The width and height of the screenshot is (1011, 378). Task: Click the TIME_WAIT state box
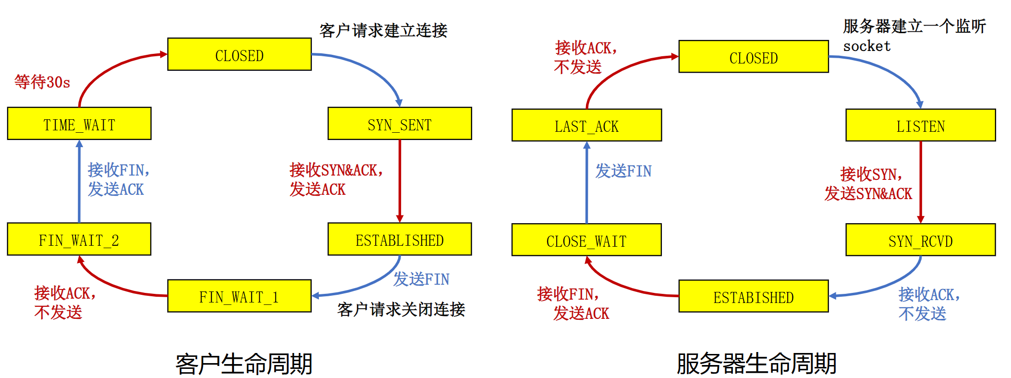point(79,124)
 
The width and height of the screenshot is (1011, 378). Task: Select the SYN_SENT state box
point(400,124)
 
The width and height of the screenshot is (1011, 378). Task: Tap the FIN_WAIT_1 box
point(239,296)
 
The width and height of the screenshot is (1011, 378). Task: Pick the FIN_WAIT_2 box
point(79,239)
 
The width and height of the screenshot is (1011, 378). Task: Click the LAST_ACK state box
point(586,125)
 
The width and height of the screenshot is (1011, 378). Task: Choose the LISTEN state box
point(920,125)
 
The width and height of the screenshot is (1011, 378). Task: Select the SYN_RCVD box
point(920,240)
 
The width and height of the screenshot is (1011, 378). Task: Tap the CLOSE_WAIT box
point(586,240)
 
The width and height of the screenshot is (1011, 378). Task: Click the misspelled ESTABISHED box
point(753,296)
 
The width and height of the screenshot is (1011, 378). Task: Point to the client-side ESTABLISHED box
point(400,239)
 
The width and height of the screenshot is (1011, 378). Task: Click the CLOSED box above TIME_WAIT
point(239,54)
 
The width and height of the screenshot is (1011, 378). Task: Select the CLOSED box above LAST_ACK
point(753,57)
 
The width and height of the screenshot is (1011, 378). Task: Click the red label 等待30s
point(42,82)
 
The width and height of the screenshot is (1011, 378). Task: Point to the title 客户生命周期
point(244,364)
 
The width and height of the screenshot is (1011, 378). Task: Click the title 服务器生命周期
point(756,364)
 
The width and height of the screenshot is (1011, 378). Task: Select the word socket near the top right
point(866,46)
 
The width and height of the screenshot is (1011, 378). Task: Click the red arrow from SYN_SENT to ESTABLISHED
point(400,181)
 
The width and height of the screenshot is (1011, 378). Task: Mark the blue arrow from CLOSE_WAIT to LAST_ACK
point(586,183)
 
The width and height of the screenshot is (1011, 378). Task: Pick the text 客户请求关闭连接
point(401,309)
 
